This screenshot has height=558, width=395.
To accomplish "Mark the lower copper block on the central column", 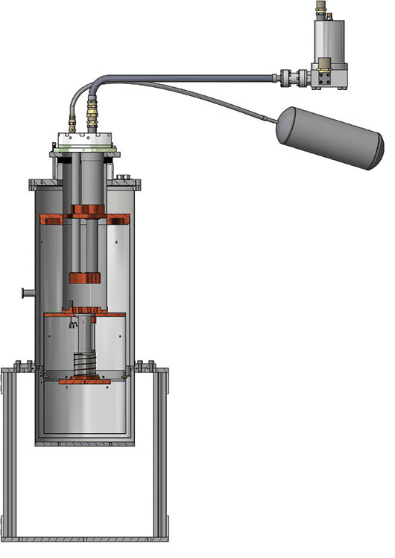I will [x=84, y=278].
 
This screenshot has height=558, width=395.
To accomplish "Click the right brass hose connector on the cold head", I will [x=92, y=115].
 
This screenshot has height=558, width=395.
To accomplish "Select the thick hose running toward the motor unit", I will [x=186, y=74].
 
